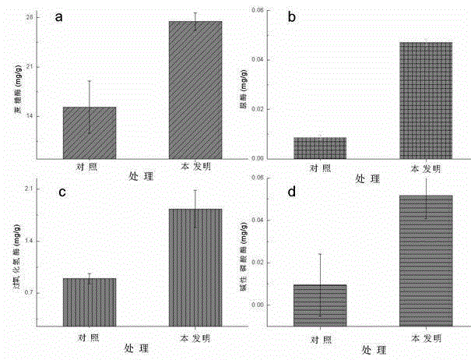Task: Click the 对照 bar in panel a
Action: tap(90, 132)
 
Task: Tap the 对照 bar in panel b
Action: tap(320, 147)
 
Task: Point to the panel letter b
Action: tap(291, 17)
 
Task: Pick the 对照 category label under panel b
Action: tap(320, 168)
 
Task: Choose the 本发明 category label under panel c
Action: tap(195, 337)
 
